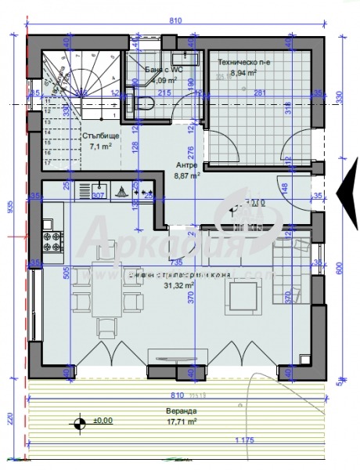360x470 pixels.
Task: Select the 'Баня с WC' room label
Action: (164, 70)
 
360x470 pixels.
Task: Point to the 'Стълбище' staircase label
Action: (97, 135)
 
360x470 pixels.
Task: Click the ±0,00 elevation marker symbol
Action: (79, 424)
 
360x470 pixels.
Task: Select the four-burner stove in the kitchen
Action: (52, 241)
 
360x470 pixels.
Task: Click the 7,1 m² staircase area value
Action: (100, 146)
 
